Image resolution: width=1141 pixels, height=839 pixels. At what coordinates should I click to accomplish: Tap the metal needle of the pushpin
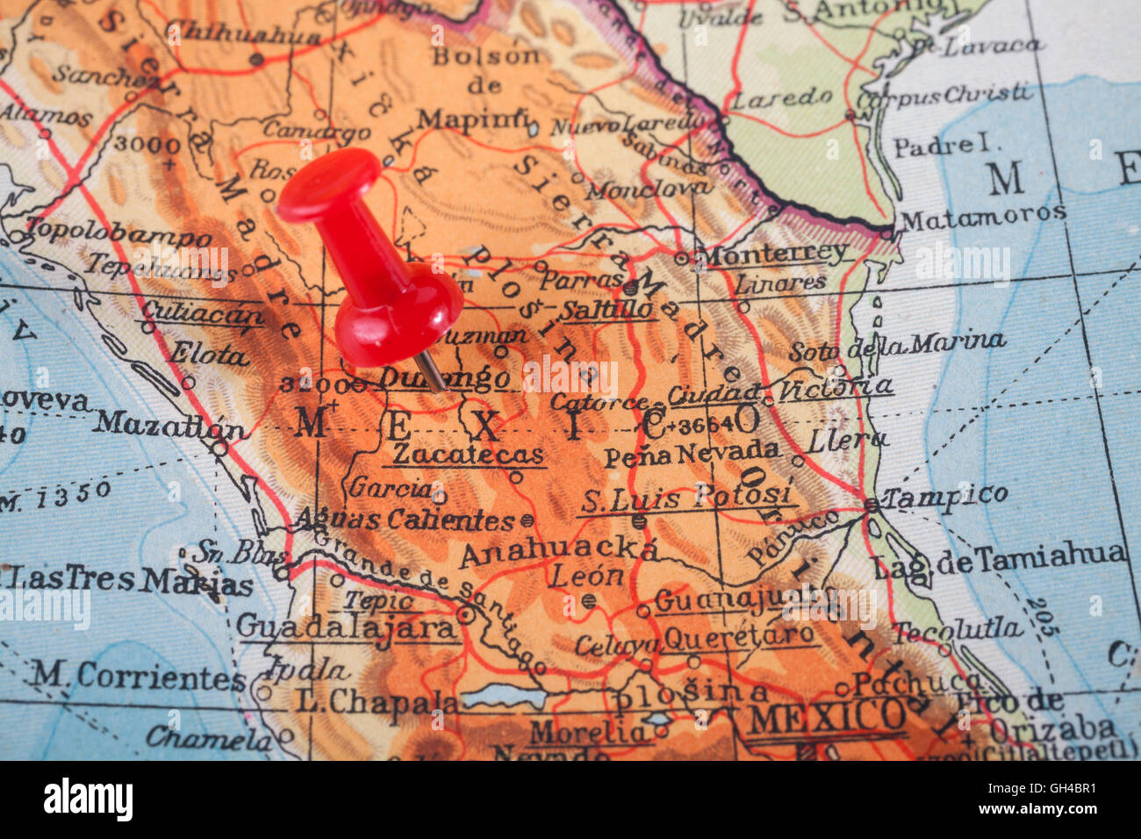[x=431, y=371]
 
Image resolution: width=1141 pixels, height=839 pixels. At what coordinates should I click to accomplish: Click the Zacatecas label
[x=468, y=455]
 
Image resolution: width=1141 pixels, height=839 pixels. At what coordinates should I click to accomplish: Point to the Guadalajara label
[x=347, y=627]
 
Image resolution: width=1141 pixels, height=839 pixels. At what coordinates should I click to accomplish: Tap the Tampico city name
[x=944, y=497]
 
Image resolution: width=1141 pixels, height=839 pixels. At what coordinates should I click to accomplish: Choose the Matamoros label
[x=983, y=215]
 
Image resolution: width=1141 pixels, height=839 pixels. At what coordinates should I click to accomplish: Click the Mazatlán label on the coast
[x=171, y=425]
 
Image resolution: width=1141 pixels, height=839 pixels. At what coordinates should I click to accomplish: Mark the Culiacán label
[x=202, y=312]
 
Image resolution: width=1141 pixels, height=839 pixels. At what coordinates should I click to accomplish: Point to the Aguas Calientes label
[x=406, y=519]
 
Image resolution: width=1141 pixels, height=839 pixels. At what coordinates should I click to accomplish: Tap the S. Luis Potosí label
[x=687, y=498]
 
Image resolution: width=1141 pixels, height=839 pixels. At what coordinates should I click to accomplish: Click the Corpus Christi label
[x=944, y=94]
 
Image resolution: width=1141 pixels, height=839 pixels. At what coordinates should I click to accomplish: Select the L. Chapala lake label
[x=377, y=701]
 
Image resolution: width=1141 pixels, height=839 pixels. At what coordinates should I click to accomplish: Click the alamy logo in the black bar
[x=88, y=800]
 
